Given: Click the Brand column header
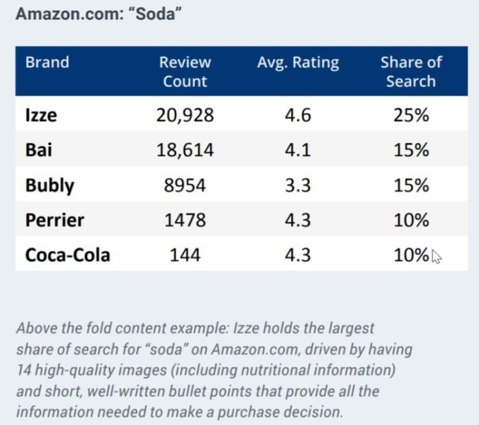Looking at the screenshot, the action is click(47, 62).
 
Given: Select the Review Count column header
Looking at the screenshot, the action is click(185, 71).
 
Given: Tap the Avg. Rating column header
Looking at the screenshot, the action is click(298, 63).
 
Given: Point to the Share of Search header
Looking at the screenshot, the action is click(411, 71).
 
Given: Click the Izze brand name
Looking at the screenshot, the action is click(41, 115).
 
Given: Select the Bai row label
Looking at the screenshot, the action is click(38, 150).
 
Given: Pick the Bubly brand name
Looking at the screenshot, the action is click(50, 185).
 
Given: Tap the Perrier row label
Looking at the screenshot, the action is click(55, 220).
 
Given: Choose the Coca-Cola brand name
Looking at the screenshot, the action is click(68, 255).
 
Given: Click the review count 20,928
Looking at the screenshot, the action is click(185, 116).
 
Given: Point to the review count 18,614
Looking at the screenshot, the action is click(185, 151).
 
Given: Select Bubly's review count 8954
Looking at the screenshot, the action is click(185, 185).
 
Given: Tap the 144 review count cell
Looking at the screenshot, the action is click(185, 255).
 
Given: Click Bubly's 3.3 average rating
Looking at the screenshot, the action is click(298, 185).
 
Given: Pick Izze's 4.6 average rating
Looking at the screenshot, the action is click(298, 116).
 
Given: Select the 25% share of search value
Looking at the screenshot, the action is click(411, 116).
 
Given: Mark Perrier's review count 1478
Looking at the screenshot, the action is click(185, 220).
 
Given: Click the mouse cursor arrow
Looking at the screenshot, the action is click(437, 257).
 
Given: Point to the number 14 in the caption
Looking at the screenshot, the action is click(23, 370).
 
